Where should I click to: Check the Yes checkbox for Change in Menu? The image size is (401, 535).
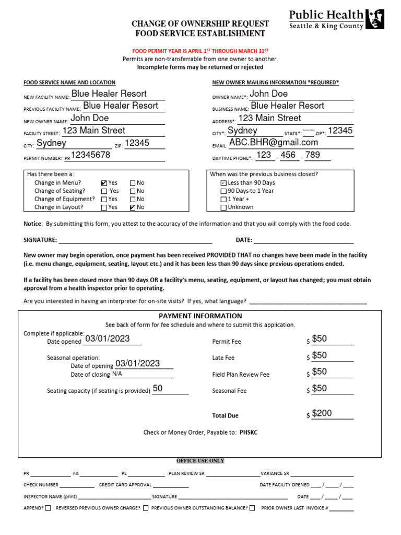pyautogui.click(x=104, y=183)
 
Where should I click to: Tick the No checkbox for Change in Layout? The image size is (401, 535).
pyautogui.click(x=132, y=207)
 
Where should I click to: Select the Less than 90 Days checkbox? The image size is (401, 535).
pyautogui.click(x=223, y=183)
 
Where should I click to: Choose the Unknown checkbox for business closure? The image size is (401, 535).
pyautogui.click(x=223, y=207)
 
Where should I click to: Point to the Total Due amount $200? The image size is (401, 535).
pyautogui.click(x=322, y=413)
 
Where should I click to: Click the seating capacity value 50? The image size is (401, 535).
pyautogui.click(x=158, y=388)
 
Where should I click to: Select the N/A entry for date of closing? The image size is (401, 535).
pyautogui.click(x=117, y=374)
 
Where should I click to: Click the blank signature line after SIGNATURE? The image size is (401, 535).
pyautogui.click(x=135, y=240)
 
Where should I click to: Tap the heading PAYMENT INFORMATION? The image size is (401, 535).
pyautogui.click(x=200, y=316)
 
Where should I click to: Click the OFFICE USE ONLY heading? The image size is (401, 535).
pyautogui.click(x=200, y=461)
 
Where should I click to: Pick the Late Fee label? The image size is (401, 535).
pyautogui.click(x=223, y=358)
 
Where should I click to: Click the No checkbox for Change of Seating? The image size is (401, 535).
pyautogui.click(x=132, y=191)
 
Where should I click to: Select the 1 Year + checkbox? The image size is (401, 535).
pyautogui.click(x=223, y=200)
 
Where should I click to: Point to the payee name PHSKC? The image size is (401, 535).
pyautogui.click(x=249, y=432)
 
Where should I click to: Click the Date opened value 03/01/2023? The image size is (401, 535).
pyautogui.click(x=107, y=339)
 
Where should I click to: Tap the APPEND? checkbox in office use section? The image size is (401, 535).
pyautogui.click(x=48, y=508)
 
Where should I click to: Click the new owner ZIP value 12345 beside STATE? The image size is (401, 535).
pyautogui.click(x=340, y=131)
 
